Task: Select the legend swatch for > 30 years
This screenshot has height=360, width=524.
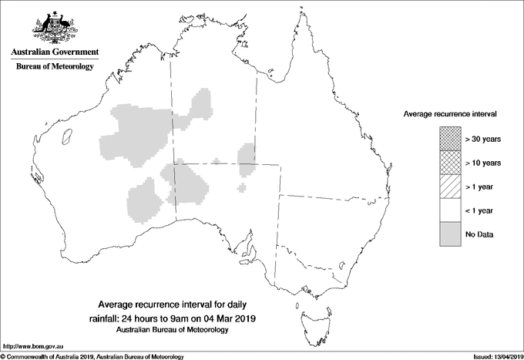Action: [449, 139]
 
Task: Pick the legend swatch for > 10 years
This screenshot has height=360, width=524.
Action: [449, 163]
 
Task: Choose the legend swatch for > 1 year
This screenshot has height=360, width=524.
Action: [449, 187]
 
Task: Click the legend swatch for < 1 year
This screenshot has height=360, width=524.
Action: [449, 210]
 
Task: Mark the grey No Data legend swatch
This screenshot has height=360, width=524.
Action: [449, 234]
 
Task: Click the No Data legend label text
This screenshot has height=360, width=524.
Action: [479, 234]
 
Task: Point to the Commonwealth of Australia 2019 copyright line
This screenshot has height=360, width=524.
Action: [92, 356]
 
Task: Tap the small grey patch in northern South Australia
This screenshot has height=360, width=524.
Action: [243, 187]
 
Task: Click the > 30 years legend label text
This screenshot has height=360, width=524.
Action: [483, 139]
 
